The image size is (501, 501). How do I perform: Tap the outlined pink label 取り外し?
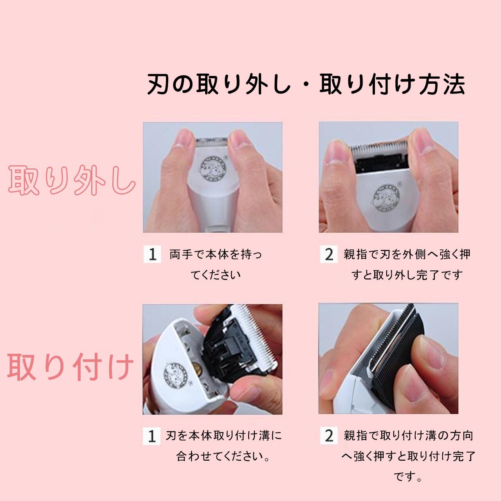tap(72, 180)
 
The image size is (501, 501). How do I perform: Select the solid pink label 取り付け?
tap(70, 367)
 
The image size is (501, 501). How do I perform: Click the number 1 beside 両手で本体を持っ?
tap(152, 254)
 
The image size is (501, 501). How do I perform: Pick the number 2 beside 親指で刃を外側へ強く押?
tap(329, 254)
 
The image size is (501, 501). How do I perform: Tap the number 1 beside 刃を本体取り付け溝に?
tap(152, 436)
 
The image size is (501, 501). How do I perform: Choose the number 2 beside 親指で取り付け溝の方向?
tap(329, 436)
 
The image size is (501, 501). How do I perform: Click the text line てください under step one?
tap(216, 275)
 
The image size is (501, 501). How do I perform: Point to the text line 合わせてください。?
tap(223, 456)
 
